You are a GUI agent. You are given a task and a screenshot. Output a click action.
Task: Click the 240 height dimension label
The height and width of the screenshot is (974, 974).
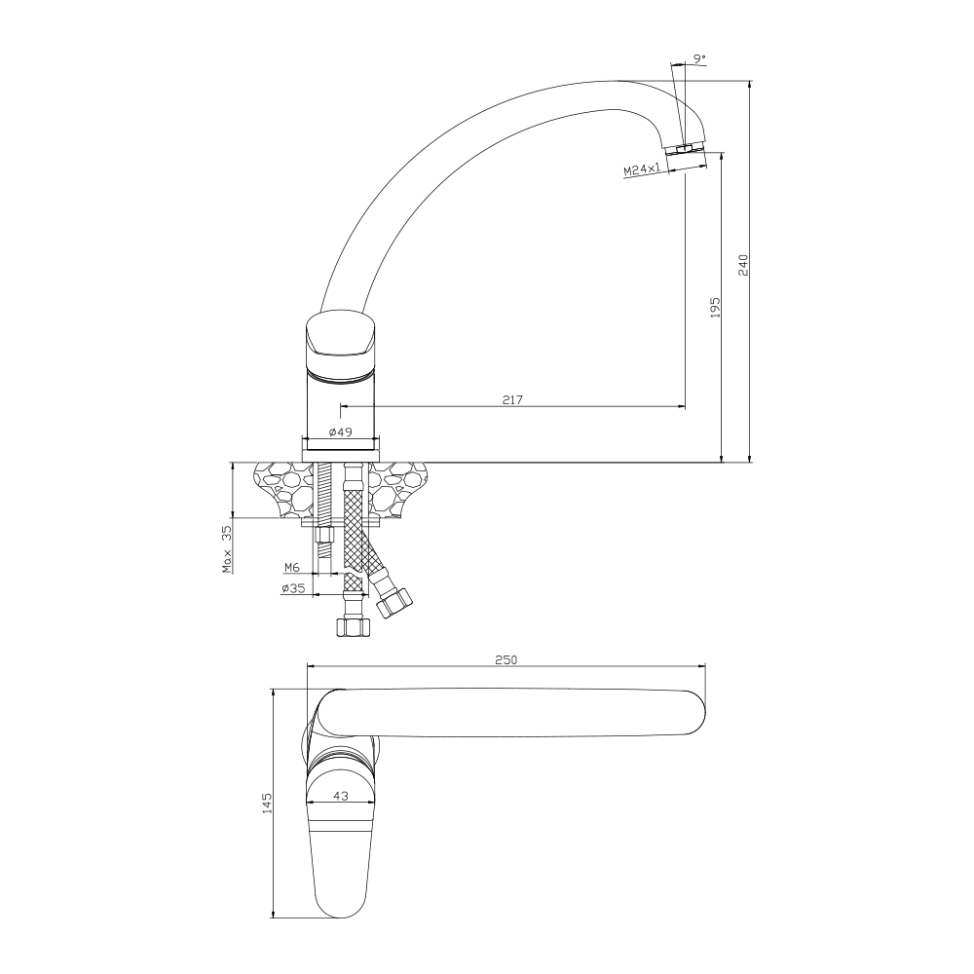pyautogui.click(x=743, y=265)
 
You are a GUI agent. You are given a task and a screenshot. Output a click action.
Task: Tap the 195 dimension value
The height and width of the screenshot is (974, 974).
pyautogui.click(x=715, y=308)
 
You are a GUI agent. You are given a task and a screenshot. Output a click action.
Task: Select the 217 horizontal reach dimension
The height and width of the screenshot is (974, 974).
pyautogui.click(x=512, y=400)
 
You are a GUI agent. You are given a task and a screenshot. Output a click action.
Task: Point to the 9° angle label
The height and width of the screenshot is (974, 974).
pyautogui.click(x=699, y=58)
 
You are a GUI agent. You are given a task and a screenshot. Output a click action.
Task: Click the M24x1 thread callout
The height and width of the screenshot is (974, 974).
pyautogui.click(x=642, y=169)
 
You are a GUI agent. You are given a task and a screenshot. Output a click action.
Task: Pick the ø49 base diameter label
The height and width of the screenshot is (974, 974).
pyautogui.click(x=340, y=431)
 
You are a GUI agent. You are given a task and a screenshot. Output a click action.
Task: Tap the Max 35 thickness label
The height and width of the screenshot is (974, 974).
pyautogui.click(x=227, y=549)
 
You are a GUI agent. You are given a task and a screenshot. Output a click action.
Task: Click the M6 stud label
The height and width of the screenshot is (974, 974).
pyautogui.click(x=292, y=567)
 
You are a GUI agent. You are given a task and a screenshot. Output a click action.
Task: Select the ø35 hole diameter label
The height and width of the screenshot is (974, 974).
pyautogui.click(x=293, y=588)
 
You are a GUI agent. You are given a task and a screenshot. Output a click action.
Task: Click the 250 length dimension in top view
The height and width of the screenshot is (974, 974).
pyautogui.click(x=506, y=659)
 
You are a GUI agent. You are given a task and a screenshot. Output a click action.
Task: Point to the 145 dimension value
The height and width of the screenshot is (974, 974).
pyautogui.click(x=267, y=804)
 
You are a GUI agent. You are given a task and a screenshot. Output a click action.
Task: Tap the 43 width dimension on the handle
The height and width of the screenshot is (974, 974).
pyautogui.click(x=340, y=795)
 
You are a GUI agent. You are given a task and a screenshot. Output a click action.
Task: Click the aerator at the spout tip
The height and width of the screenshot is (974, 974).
pyautogui.click(x=685, y=149)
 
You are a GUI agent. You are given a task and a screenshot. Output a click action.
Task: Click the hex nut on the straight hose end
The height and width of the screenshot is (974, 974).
pyautogui.click(x=353, y=626)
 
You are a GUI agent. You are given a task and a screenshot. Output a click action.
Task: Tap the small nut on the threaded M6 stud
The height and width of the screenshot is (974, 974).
pyautogui.click(x=323, y=536)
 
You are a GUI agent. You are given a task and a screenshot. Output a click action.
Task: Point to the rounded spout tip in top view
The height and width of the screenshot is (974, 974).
pyautogui.click(x=694, y=713)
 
